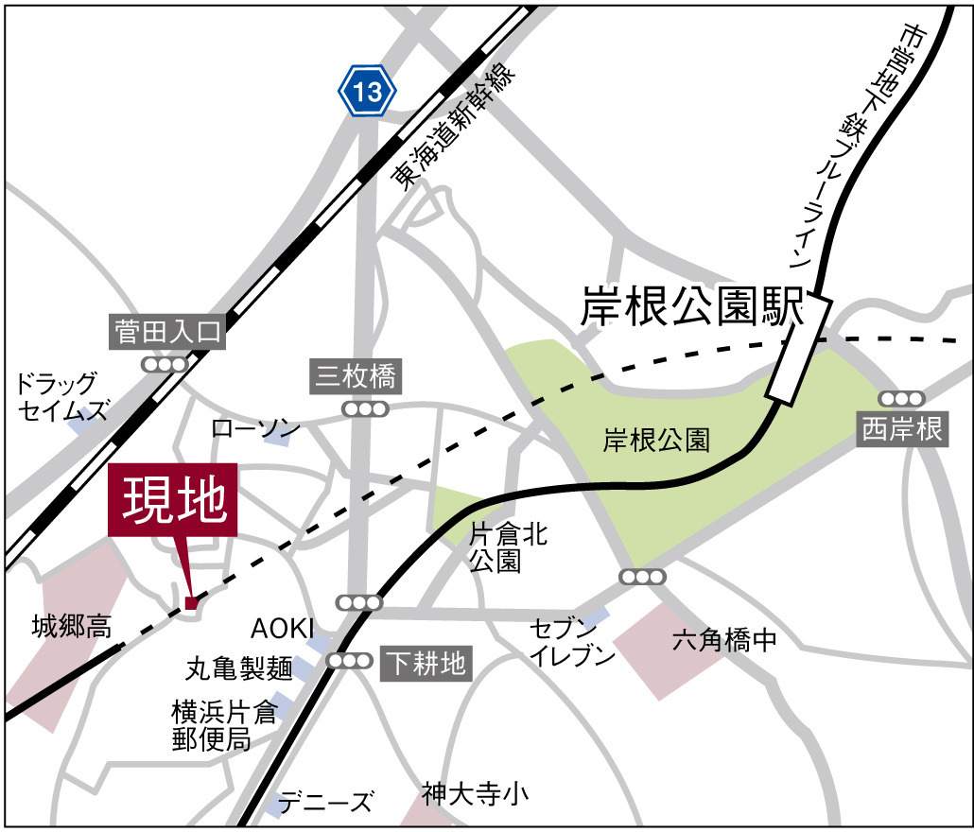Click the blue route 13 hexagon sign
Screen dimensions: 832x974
coord(368,92)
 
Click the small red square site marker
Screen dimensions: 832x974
coord(191,602)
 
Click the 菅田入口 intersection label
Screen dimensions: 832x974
coord(166,332)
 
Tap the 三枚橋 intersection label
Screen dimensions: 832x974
coord(358,379)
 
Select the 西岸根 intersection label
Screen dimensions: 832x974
coord(902,429)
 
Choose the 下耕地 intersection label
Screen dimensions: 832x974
coord(425,664)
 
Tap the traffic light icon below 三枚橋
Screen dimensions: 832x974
coord(365,409)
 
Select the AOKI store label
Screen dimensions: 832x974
coord(281,629)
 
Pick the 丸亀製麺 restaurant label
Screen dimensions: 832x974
coord(238,669)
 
